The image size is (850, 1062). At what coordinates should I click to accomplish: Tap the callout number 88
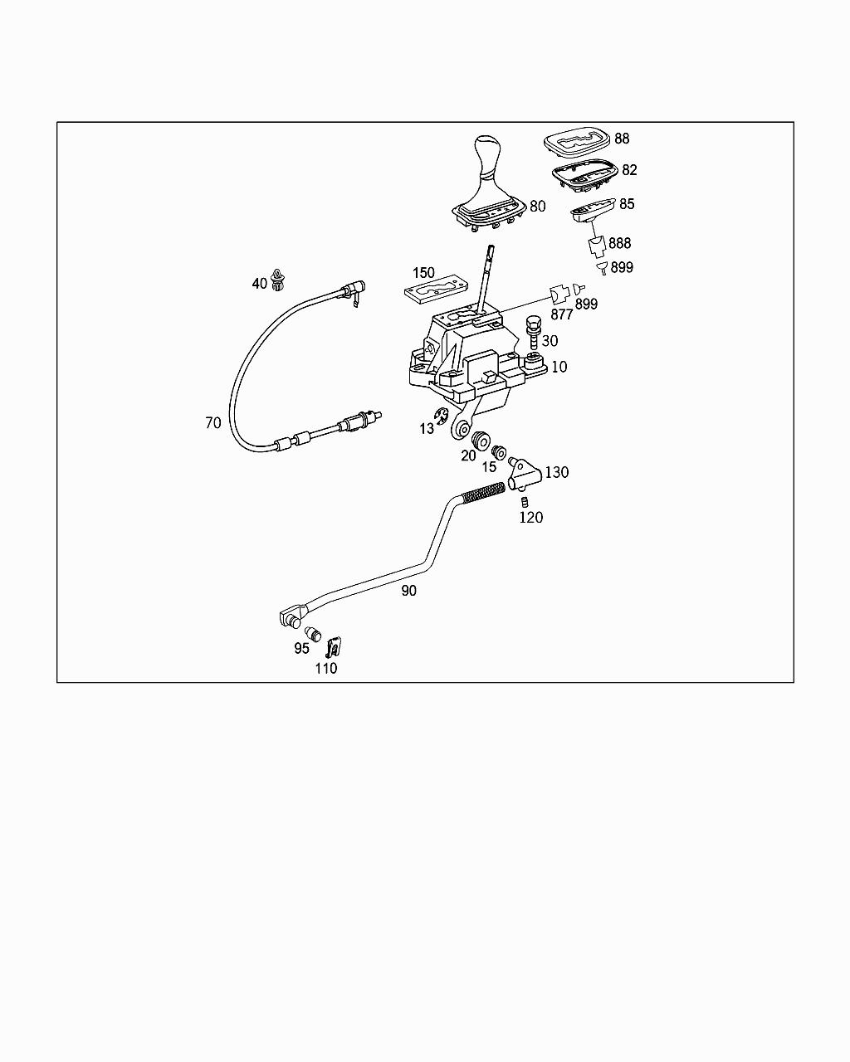(x=622, y=139)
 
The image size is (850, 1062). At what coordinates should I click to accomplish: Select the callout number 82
(x=629, y=170)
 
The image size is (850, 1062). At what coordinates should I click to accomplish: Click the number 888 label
(x=619, y=243)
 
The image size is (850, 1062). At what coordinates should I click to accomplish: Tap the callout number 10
(x=559, y=367)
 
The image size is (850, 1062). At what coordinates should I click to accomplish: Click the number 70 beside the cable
(x=213, y=423)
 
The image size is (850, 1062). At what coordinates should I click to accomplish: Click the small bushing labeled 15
(x=499, y=452)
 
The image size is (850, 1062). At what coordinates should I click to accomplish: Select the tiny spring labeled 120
(x=525, y=501)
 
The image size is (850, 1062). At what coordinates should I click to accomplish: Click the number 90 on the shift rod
(x=408, y=591)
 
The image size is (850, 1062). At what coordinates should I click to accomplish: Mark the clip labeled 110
(x=334, y=646)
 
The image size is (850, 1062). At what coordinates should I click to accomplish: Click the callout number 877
(x=562, y=314)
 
